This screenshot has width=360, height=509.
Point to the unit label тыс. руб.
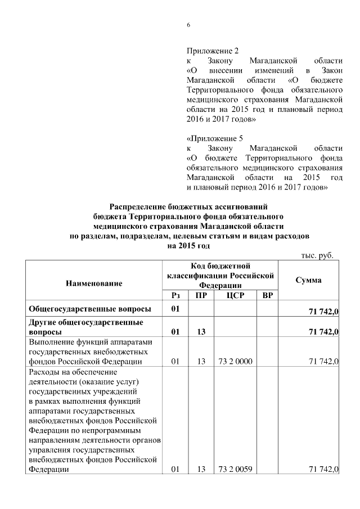(x=317, y=255)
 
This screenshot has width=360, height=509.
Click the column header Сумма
(x=308, y=280)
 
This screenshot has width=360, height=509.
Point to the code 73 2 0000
(x=234, y=362)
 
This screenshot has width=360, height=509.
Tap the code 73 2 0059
(x=234, y=470)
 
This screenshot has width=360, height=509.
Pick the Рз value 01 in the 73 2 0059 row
(x=174, y=470)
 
